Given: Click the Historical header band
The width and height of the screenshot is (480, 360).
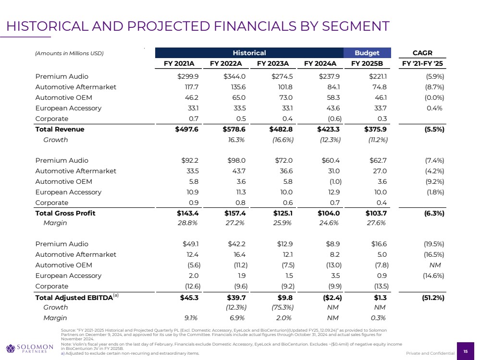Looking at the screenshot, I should (x=248, y=53).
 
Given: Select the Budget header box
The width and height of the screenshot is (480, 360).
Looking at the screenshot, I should (x=367, y=53).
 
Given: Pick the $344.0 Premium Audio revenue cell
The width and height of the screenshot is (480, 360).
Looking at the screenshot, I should (x=234, y=76).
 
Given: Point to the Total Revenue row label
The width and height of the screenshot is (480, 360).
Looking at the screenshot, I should (x=60, y=129).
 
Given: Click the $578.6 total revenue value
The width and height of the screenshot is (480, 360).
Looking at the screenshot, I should (x=234, y=129).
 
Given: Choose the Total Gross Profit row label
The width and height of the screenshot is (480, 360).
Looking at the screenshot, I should (x=65, y=213).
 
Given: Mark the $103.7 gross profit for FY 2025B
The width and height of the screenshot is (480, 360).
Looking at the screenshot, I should (x=376, y=213).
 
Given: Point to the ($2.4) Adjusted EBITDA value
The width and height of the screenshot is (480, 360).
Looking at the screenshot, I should (x=328, y=297).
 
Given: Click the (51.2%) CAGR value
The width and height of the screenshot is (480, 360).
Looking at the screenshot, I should (x=431, y=297).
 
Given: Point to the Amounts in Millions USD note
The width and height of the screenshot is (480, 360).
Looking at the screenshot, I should (x=69, y=53).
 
